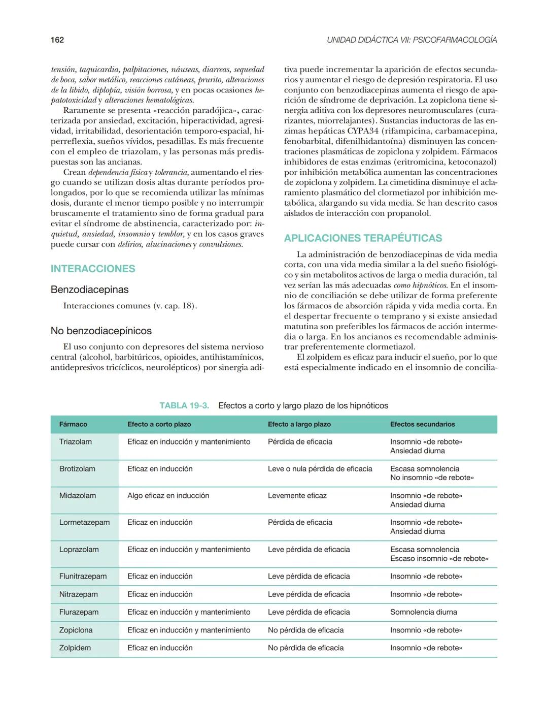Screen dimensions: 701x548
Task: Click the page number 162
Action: [x=57, y=40]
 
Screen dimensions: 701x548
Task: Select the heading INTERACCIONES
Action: [x=93, y=269]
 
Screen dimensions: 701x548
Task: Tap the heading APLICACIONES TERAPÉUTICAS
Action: [x=363, y=238]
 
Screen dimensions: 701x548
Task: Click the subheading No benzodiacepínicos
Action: [x=101, y=331]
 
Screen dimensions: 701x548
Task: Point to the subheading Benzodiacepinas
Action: [x=89, y=290]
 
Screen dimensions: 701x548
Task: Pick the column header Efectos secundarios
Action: [x=422, y=424]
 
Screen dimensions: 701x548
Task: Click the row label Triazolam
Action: [x=76, y=442]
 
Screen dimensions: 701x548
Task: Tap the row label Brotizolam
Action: [x=77, y=469]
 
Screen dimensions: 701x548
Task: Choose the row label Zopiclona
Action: [x=76, y=630]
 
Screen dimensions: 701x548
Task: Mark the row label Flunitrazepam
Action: [x=83, y=576]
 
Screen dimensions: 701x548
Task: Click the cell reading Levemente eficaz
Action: [x=297, y=495]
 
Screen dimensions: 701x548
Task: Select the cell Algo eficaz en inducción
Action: [x=168, y=495]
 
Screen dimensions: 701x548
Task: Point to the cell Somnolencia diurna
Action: [x=423, y=612]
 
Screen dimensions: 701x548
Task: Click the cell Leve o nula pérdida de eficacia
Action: [x=320, y=469]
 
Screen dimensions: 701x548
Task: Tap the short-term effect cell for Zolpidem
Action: [x=160, y=648]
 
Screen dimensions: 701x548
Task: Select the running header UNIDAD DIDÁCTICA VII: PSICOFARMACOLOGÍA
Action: [x=412, y=40]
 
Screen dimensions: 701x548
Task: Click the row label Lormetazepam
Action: [x=84, y=522]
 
